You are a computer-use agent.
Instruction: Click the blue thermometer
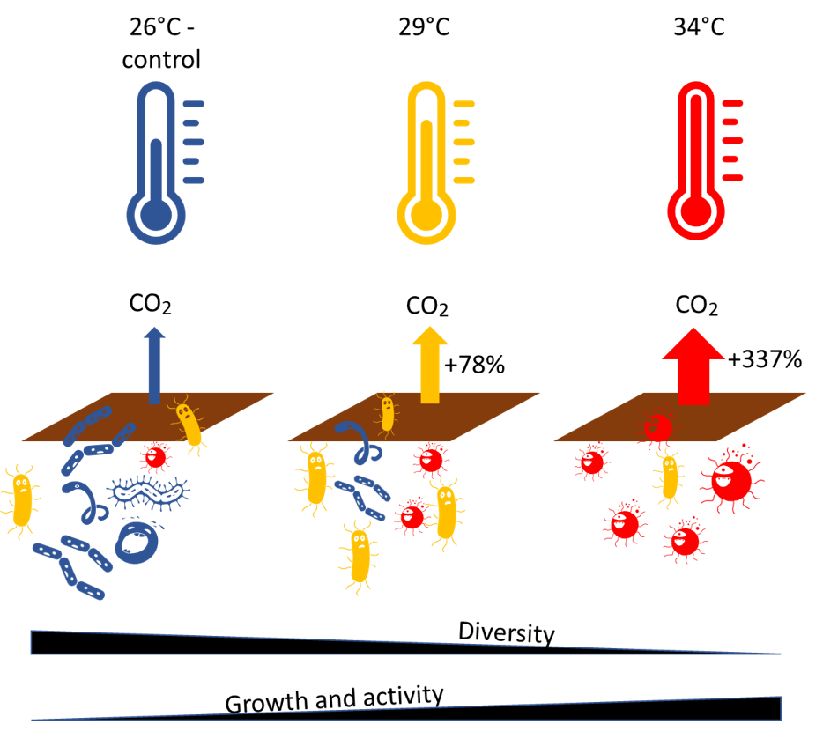click(157, 167)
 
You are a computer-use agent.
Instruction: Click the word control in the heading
click(161, 61)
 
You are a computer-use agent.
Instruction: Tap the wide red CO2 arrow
click(693, 366)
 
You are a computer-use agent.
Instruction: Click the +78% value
click(475, 365)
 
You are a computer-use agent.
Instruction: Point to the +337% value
click(765, 359)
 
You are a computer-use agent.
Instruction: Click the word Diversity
click(506, 632)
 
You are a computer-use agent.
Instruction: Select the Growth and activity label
click(334, 700)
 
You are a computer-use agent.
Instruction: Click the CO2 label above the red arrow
click(696, 307)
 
